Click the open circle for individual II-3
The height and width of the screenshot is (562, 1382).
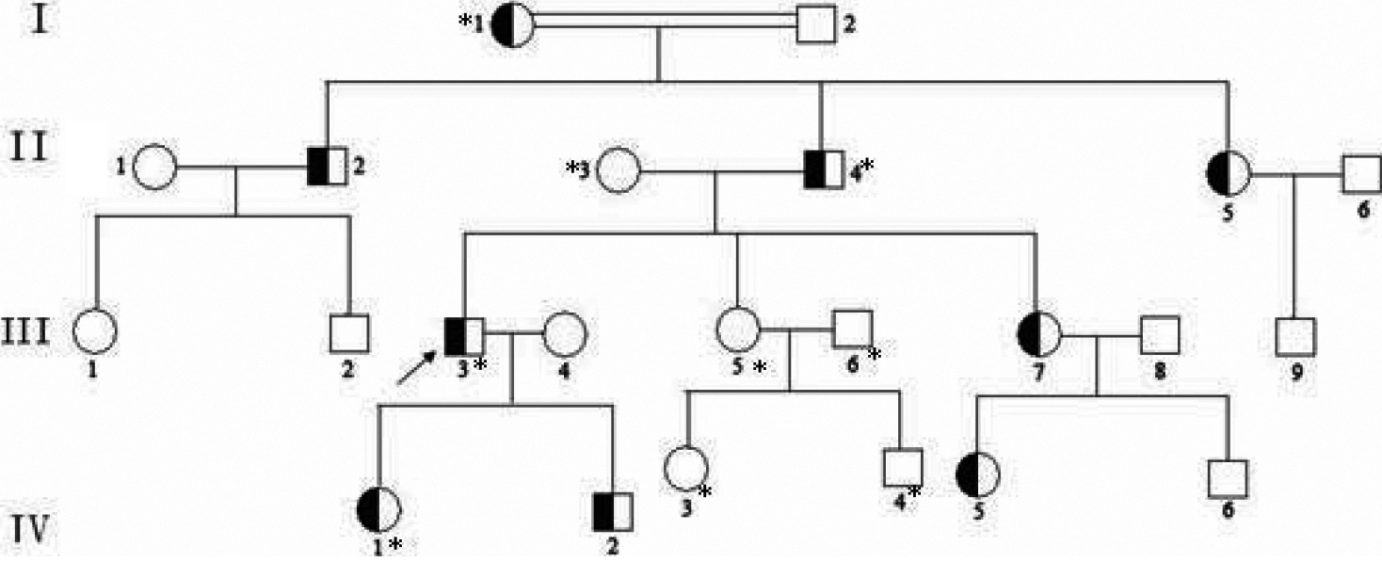click(x=619, y=171)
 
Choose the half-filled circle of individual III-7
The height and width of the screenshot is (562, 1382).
click(x=1038, y=332)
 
